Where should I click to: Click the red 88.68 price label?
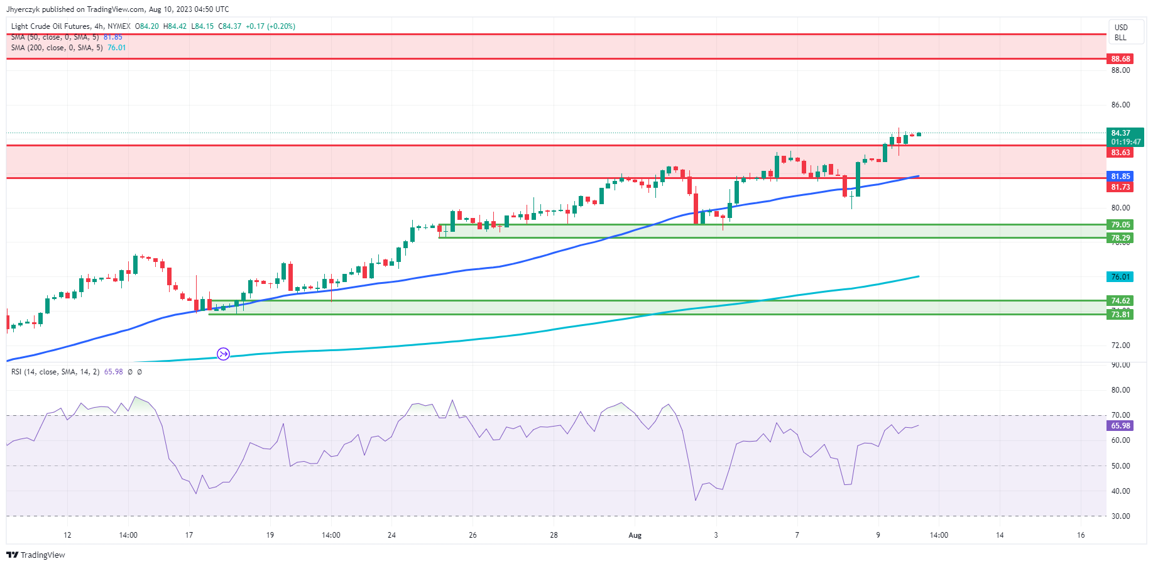click(x=1120, y=59)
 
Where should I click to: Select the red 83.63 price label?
click(x=1120, y=153)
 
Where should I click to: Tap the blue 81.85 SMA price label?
click(x=1120, y=177)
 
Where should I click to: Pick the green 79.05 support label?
click(x=1120, y=225)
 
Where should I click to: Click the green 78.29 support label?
click(x=1120, y=238)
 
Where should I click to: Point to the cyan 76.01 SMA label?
click(x=1120, y=277)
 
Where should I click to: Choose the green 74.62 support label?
click(x=1120, y=301)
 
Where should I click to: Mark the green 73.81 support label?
click(x=1120, y=315)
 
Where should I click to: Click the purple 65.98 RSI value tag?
click(x=1120, y=426)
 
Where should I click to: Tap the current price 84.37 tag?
click(x=1120, y=133)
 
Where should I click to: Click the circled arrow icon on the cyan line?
click(x=223, y=354)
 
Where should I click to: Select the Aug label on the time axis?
click(x=635, y=535)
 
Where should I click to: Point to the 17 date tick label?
click(x=189, y=535)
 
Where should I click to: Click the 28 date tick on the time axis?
click(x=554, y=535)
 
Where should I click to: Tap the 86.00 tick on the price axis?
click(x=1120, y=105)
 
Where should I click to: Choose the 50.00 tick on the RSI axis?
click(x=1120, y=466)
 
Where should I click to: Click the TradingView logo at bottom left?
click(x=36, y=555)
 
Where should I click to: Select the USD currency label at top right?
click(x=1121, y=28)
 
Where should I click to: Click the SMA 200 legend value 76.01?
click(x=117, y=48)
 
